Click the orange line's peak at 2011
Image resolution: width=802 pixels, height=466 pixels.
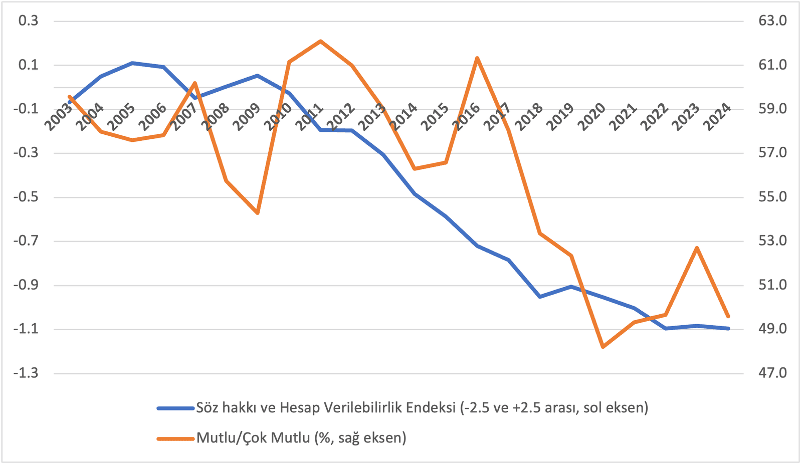coord(321,41)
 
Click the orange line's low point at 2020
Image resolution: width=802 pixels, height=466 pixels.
coord(603,347)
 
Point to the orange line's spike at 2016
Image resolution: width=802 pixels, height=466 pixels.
coord(477,58)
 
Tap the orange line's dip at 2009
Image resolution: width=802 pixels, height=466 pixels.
coord(258,213)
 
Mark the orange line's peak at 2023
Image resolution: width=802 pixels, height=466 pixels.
coord(697,248)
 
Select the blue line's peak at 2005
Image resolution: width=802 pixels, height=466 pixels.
coord(132,63)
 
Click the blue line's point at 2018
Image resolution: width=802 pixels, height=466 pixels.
coord(540,297)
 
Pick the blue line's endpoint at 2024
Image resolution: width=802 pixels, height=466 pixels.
coord(728,328)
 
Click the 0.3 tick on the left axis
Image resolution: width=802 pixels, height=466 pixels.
coord(28,21)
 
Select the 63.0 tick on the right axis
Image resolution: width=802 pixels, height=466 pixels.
coord(773,21)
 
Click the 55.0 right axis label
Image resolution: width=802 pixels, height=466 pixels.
coord(773,197)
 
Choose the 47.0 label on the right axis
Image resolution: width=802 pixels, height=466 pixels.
coord(773,373)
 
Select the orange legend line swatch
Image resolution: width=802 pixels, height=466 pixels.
coord(175,438)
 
